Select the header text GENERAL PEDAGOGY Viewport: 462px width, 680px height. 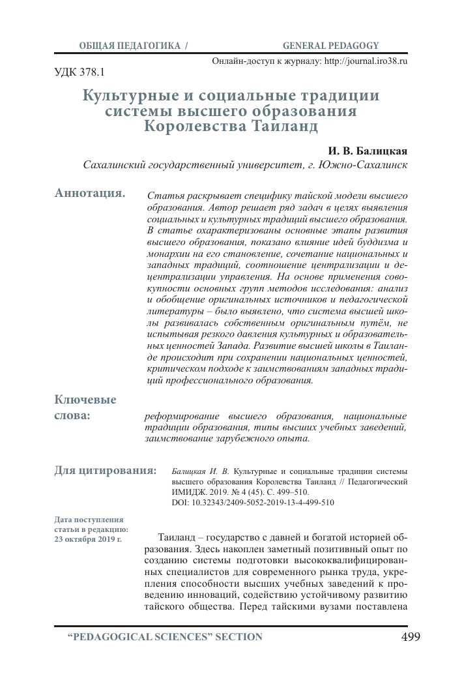(x=330, y=46)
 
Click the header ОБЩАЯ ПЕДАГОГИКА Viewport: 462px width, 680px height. (x=130, y=46)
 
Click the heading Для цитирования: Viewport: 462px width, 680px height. (x=105, y=469)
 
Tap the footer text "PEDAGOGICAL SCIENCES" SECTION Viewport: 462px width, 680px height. (x=166, y=637)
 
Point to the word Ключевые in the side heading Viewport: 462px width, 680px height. (x=85, y=400)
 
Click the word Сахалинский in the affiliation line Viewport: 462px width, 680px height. (x=112, y=165)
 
